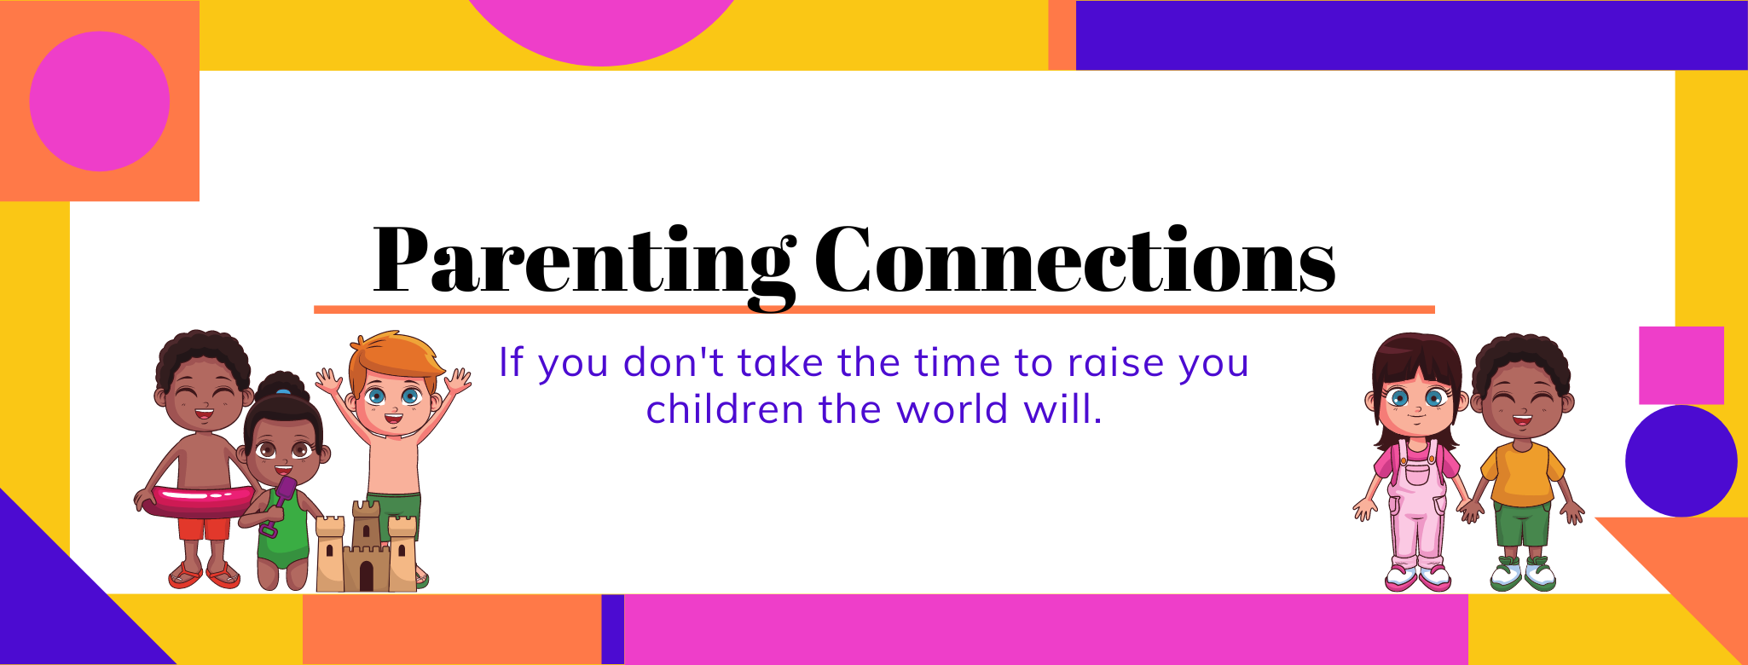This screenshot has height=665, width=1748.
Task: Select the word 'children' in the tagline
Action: (725, 409)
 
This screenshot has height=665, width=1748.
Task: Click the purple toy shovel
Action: (278, 506)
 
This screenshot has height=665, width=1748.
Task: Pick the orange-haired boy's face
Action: (393, 399)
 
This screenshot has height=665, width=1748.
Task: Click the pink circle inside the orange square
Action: (100, 101)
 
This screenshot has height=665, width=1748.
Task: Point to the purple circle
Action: (1681, 461)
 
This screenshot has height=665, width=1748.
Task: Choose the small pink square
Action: (1681, 365)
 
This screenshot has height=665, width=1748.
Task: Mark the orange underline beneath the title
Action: (874, 309)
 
